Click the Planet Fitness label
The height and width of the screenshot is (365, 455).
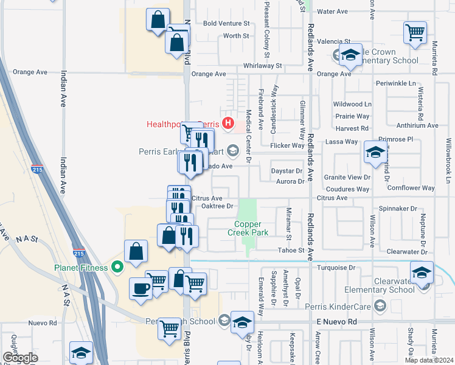coord(80,266)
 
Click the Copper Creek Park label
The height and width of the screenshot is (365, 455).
coord(248,228)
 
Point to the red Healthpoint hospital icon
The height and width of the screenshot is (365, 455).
coord(228,124)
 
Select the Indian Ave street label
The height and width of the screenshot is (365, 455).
coord(63,89)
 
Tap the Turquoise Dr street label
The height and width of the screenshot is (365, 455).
coord(335,268)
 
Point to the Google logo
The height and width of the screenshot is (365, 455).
coord(21,358)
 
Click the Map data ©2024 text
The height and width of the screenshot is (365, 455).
coord(428,360)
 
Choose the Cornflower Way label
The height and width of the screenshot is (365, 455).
coord(411,189)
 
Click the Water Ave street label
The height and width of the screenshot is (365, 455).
coord(333,12)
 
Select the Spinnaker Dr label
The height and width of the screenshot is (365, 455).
coord(397,209)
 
